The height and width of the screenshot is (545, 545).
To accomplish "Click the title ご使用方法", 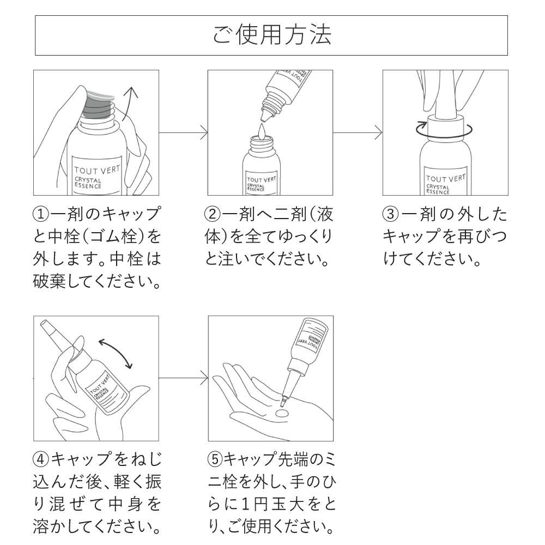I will [271, 35].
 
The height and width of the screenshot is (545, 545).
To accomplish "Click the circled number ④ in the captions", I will [42, 459].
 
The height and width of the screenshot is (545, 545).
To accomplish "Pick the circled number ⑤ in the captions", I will [215, 459].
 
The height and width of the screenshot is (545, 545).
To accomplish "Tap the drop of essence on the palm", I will [282, 415].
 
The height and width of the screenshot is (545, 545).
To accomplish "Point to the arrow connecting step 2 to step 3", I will [358, 132].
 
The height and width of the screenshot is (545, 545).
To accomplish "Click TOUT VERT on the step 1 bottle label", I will [96, 169].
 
